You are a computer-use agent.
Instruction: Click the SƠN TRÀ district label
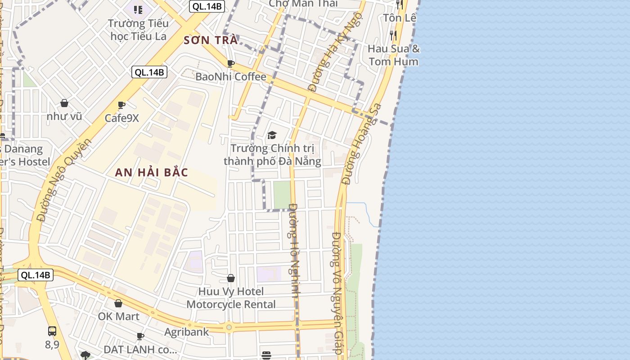click(x=210, y=40)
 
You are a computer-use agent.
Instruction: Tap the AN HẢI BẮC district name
click(x=151, y=172)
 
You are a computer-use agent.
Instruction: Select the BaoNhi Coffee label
click(x=231, y=76)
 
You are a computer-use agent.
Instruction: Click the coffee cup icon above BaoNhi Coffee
click(x=231, y=64)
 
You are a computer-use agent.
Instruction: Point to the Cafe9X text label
click(x=121, y=118)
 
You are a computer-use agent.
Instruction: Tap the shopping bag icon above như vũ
click(x=64, y=103)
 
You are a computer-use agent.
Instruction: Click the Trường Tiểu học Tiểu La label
click(x=139, y=29)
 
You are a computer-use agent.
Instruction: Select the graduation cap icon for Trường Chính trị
click(x=272, y=135)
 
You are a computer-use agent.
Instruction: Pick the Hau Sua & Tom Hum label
click(x=394, y=55)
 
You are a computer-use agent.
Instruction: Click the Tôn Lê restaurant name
click(x=400, y=18)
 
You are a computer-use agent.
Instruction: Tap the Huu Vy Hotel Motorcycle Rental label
click(x=231, y=298)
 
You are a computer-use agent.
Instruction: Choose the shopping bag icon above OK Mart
click(x=118, y=303)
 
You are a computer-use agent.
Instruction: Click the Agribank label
click(x=186, y=332)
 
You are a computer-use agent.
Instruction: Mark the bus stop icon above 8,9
click(x=52, y=331)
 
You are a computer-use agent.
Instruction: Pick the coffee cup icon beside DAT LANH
click(x=140, y=336)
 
